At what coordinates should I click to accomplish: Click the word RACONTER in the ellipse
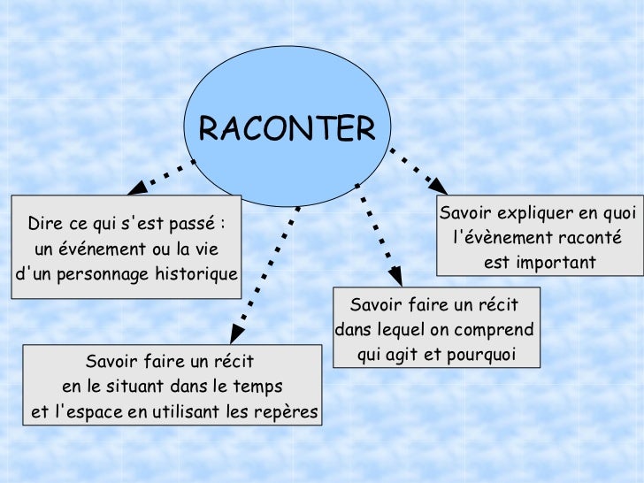pos(287,129)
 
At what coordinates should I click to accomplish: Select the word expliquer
pos(534,213)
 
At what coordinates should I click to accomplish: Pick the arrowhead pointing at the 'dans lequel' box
pos(394,278)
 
